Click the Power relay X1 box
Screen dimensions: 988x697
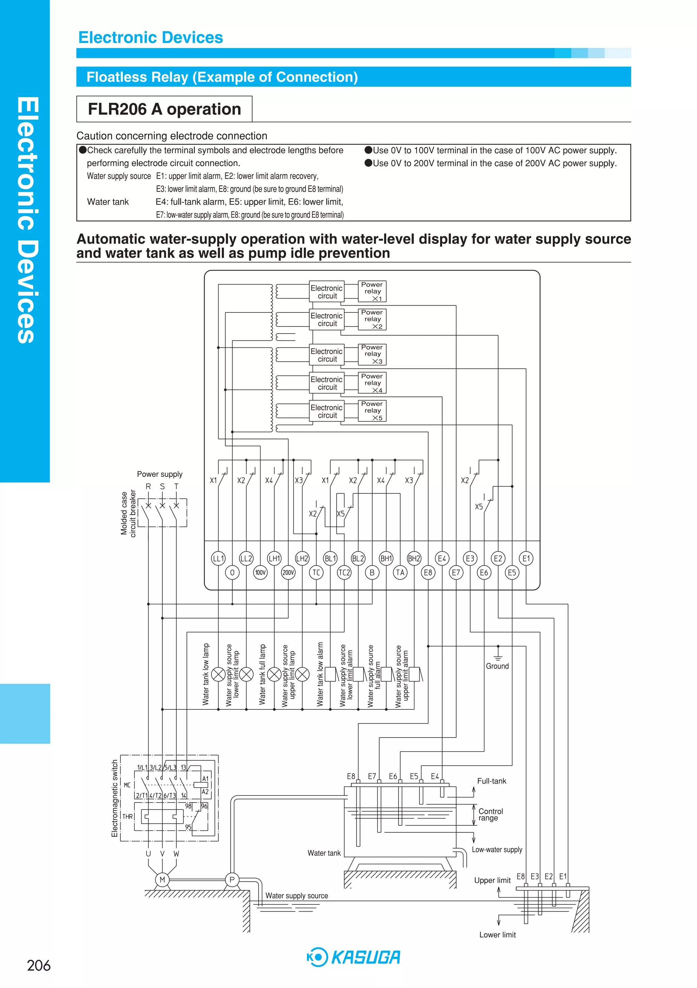[372, 291]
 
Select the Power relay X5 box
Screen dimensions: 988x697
[372, 411]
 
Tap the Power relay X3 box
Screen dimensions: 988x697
[372, 354]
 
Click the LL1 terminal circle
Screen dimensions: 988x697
[218, 558]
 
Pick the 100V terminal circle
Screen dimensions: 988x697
[260, 572]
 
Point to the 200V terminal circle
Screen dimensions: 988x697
[288, 572]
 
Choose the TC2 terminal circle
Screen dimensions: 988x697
[344, 572]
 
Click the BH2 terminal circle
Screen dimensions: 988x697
[414, 558]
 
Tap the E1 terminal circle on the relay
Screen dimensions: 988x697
[526, 558]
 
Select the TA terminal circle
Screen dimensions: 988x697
[400, 572]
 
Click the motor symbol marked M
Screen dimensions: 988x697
[162, 880]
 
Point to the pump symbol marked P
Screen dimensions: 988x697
[232, 880]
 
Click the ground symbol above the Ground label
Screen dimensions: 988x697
[498, 658]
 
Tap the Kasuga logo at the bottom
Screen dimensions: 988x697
[354, 957]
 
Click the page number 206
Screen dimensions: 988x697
[39, 966]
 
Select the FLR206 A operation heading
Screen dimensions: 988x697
[164, 109]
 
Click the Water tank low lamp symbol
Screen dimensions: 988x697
[218, 674]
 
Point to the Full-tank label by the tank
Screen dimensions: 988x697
[491, 781]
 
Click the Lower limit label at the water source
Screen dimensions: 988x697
[498, 935]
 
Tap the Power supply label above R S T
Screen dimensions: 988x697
[160, 474]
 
